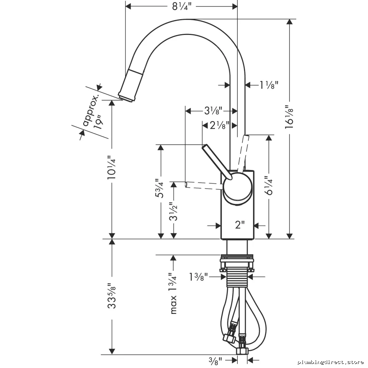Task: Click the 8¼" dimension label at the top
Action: (182, 6)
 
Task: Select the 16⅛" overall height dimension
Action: (289, 118)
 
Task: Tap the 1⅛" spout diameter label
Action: (269, 85)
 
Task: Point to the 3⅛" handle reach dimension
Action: (213, 111)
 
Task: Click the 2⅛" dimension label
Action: (219, 125)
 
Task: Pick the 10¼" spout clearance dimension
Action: (112, 167)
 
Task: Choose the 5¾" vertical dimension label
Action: (160, 188)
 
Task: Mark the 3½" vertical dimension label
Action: (173, 212)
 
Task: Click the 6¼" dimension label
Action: (269, 186)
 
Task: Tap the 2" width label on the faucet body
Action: (240, 225)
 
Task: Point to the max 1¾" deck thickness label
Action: (173, 293)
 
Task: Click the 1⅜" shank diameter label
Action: (199, 277)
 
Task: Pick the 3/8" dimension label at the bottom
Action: (215, 361)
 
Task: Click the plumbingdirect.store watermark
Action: (330, 362)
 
